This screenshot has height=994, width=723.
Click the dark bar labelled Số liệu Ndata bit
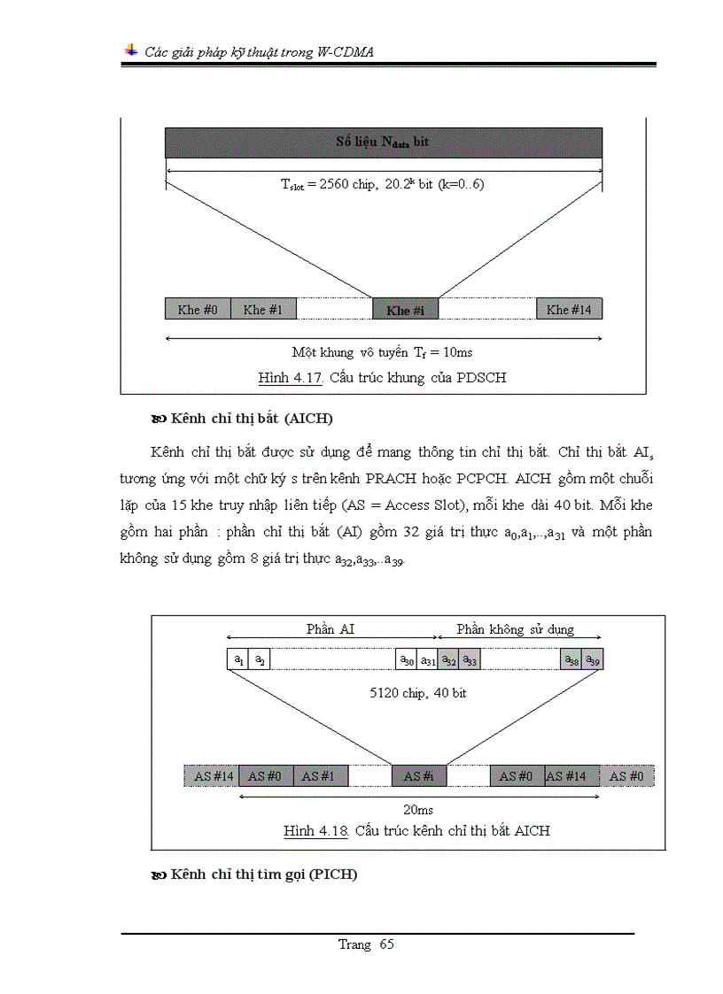tap(383, 143)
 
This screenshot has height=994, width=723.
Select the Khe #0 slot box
tap(198, 309)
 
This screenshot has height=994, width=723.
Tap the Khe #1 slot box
tap(263, 309)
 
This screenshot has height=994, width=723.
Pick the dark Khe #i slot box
tap(405, 310)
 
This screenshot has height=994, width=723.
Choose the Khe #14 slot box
tap(569, 309)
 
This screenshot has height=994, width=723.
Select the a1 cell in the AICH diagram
tap(237, 659)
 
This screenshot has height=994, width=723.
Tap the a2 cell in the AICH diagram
tap(259, 659)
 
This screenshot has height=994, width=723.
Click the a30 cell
tap(406, 659)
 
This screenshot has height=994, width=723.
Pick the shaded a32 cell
tap(449, 659)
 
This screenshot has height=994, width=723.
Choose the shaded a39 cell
tap(593, 659)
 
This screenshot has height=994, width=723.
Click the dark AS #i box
tap(418, 775)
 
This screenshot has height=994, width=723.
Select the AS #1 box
tap(321, 775)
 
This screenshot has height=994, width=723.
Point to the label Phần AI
tap(331, 629)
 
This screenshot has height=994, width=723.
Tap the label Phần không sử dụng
tap(516, 629)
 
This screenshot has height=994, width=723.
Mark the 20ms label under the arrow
tap(418, 809)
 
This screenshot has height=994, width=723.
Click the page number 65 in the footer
tap(386, 944)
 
